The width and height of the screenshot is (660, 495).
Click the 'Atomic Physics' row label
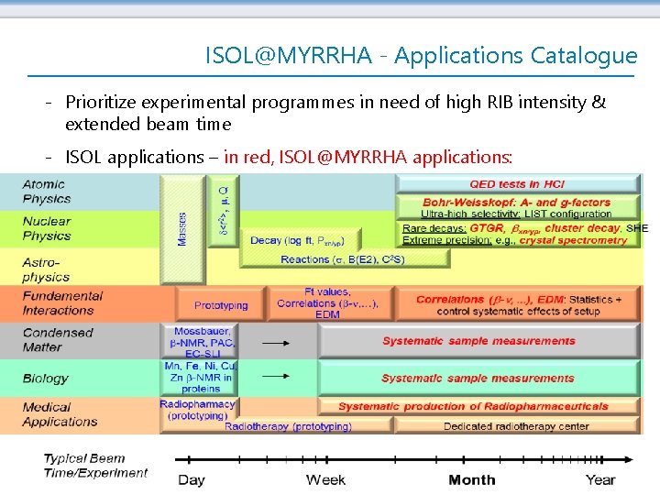[47, 192]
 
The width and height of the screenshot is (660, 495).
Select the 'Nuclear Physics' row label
[47, 228]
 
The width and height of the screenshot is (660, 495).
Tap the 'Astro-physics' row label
[47, 269]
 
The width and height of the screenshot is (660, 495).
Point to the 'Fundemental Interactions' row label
[62, 303]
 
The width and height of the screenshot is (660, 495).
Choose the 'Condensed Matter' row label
[58, 340]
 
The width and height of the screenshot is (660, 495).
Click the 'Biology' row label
[46, 378]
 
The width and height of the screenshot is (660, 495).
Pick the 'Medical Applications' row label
[60, 414]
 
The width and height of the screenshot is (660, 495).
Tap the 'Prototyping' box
[221, 305]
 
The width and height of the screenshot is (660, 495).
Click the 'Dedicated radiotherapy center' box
[515, 426]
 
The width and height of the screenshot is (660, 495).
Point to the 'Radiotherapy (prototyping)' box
[288, 426]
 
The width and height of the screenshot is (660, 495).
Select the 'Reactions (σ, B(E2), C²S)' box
[343, 259]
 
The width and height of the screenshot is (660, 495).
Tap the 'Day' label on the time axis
[191, 480]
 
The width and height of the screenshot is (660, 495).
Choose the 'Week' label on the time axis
[325, 480]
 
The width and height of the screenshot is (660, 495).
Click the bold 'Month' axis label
[472, 480]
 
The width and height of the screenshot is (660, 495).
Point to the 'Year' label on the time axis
[600, 480]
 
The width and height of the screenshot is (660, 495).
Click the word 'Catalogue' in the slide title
[584, 55]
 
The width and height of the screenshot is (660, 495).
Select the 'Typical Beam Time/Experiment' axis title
[95, 466]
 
